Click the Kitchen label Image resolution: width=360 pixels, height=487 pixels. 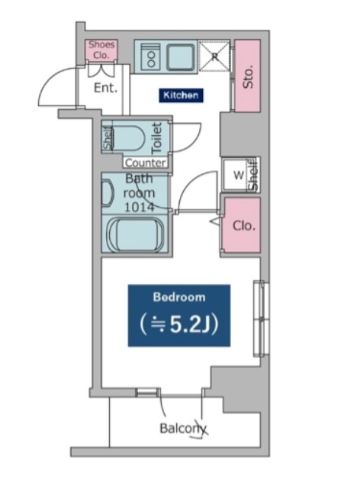pos(181,95)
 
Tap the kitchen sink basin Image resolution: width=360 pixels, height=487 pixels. pos(180,57)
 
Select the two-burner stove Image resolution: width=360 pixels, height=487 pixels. pos(151,57)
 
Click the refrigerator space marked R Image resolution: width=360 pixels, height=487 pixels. pos(214,56)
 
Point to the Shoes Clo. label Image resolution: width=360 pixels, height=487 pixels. pos(101,50)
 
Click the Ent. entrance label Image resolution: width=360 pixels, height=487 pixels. pos(106,88)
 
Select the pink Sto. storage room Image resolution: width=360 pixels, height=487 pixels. pos(247,76)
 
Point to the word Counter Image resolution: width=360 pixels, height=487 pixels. pos(145,163)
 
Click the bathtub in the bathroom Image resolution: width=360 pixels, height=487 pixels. pos(135,234)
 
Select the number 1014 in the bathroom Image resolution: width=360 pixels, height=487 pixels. pos(140,207)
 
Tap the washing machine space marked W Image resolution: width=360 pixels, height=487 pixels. pos(238,175)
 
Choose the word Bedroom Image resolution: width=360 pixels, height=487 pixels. pos(179,297)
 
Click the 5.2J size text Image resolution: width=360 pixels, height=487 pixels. pos(179,324)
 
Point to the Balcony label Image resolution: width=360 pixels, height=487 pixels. pos(183,429)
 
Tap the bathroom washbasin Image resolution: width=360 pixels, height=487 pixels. pos(108,193)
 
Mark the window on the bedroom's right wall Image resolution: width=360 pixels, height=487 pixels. pos(261,319)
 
